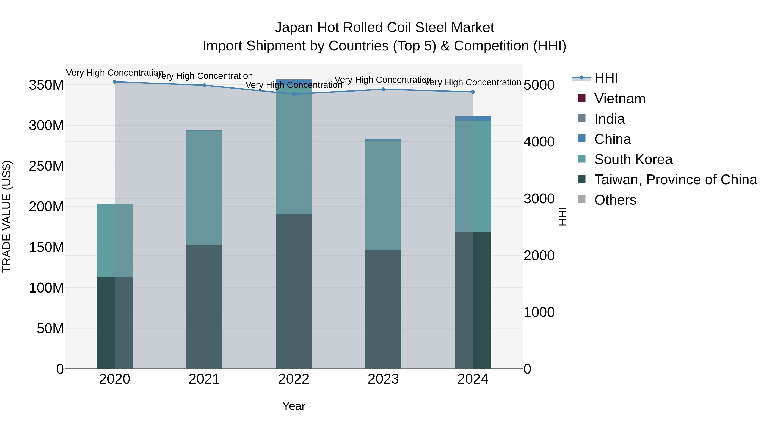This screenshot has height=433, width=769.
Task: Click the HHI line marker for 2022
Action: coord(294,94)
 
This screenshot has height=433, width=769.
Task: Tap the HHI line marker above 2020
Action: coord(115,82)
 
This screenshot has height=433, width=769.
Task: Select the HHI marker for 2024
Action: coord(473,92)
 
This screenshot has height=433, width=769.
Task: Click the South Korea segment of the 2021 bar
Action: coord(204,187)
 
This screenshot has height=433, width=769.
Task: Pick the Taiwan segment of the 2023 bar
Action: coord(383,309)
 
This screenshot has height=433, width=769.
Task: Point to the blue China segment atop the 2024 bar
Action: coord(473,118)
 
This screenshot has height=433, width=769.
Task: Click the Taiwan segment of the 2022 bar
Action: coord(294,291)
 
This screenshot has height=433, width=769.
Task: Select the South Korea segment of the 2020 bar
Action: coord(115,241)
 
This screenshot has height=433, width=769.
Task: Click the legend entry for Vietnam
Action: coord(619,99)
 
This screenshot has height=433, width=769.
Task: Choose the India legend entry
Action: coord(609,119)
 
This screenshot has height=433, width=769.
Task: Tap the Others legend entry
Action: coord(615,200)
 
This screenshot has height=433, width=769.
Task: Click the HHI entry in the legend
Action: coord(606,78)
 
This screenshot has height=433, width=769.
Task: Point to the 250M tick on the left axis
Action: coord(46,166)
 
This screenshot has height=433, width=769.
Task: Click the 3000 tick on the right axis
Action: coord(539,199)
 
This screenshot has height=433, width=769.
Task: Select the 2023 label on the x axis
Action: coord(383,379)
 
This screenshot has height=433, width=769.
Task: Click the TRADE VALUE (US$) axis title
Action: coord(7,217)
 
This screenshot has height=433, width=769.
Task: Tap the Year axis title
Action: coord(294,406)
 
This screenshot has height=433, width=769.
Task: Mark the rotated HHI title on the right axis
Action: coord(562,217)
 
